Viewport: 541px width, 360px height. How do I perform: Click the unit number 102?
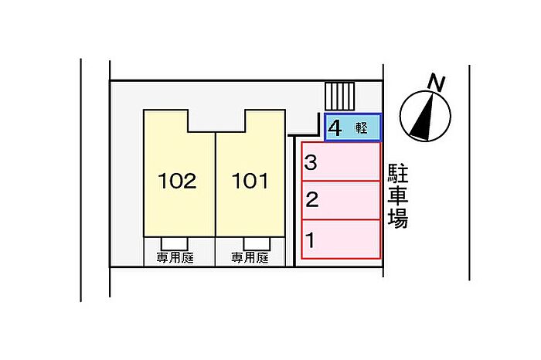177,182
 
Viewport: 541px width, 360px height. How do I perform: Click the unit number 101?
250,182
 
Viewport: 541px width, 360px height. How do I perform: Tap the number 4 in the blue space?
335,128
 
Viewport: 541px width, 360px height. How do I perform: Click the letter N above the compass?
437,82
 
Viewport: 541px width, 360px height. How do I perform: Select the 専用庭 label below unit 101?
249,257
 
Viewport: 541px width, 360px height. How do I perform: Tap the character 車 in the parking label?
397,195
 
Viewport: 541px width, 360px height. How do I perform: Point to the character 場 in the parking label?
397,219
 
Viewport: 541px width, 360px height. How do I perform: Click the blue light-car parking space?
353,128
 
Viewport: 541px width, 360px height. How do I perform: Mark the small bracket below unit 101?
249,241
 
